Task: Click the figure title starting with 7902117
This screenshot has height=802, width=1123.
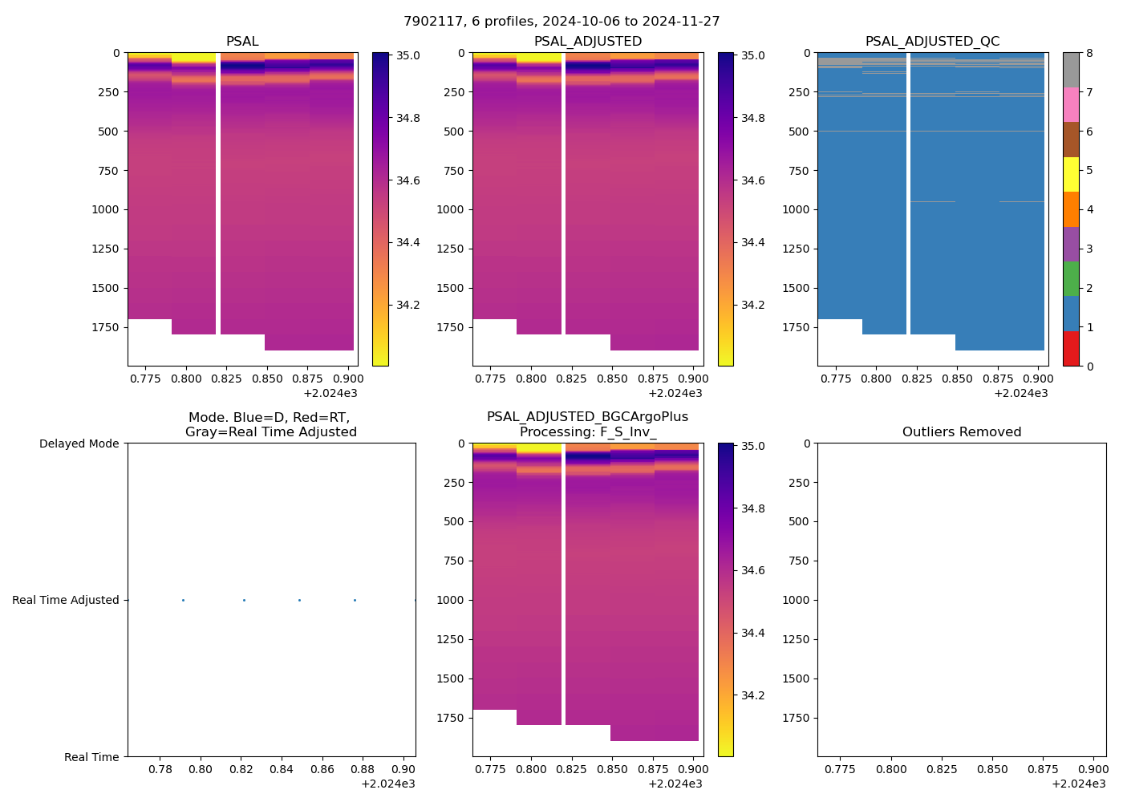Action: [561, 22]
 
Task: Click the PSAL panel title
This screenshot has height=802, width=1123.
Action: [242, 42]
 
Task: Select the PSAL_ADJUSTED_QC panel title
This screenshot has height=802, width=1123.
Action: [932, 42]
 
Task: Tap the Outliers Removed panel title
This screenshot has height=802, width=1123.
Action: [962, 432]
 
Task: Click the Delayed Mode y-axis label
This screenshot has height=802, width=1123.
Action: [79, 444]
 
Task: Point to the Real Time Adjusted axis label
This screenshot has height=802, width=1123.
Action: [65, 600]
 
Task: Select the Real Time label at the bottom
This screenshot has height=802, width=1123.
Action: [91, 757]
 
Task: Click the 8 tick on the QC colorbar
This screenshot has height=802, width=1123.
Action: [1089, 54]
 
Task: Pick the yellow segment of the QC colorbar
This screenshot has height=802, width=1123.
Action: [1071, 174]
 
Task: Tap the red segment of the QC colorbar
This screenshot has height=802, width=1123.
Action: [1071, 349]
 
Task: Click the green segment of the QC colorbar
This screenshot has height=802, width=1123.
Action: [1071, 279]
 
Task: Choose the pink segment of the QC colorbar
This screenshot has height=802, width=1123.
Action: [1071, 104]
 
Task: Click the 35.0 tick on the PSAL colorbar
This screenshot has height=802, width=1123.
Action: [408, 56]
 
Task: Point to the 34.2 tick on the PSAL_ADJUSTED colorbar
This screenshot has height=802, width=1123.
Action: [753, 305]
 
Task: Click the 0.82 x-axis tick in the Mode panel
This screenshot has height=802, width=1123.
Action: [241, 770]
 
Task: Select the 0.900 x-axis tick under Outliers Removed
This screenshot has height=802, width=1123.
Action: [1094, 770]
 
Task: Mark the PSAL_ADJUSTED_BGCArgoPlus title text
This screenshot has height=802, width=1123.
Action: [587, 417]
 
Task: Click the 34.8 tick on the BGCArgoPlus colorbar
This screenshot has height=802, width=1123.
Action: [753, 508]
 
